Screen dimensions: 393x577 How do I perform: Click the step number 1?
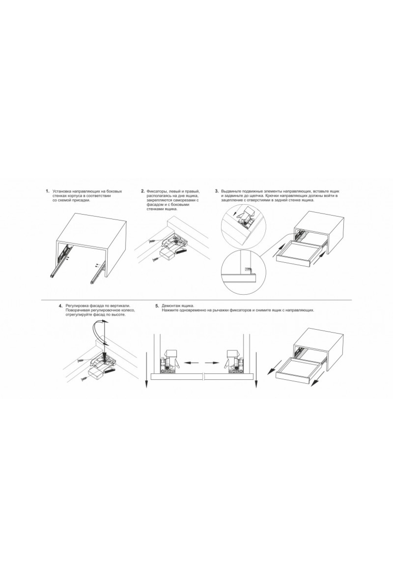(x=47, y=191)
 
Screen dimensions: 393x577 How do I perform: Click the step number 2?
(x=143, y=191)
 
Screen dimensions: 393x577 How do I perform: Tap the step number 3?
(x=216, y=191)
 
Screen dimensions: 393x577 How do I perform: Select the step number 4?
(x=61, y=306)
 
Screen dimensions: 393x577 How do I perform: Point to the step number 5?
(x=157, y=306)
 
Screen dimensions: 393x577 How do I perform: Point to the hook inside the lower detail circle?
(x=249, y=270)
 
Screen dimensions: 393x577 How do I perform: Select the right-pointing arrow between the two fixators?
(x=212, y=362)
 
